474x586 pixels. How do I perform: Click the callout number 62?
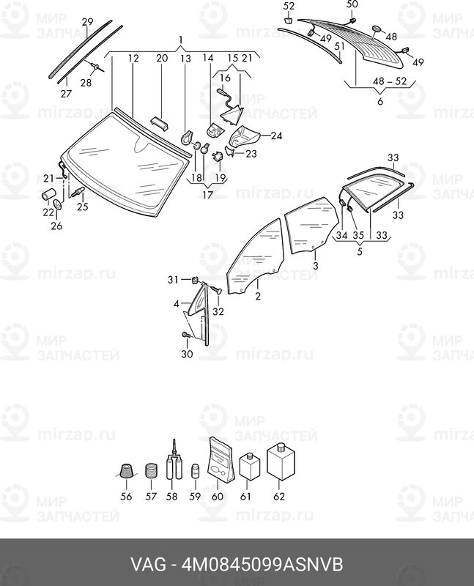[x=279, y=497]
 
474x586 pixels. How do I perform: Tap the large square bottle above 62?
[x=281, y=462]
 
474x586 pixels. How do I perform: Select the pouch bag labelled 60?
[x=221, y=459]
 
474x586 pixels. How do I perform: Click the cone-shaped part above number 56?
[x=126, y=471]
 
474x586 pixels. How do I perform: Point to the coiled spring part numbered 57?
[x=151, y=471]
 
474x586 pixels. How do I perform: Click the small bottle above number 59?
[x=195, y=471]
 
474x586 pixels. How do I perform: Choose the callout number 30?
[x=187, y=354]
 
